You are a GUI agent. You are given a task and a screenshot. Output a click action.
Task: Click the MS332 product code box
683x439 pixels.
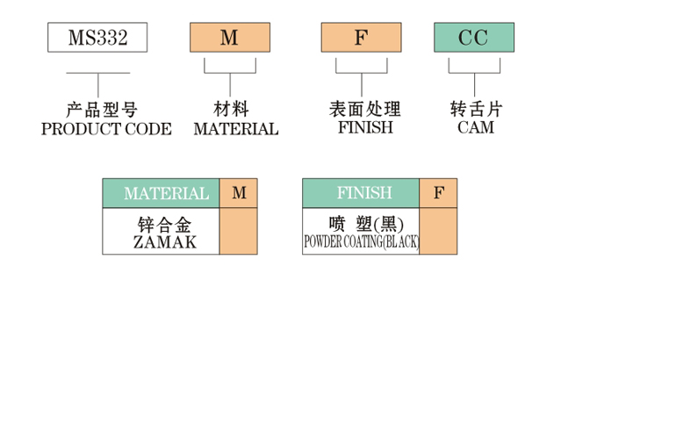(97, 38)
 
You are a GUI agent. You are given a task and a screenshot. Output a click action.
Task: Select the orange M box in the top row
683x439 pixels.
(229, 38)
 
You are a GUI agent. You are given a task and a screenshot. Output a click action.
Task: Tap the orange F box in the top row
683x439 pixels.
(360, 38)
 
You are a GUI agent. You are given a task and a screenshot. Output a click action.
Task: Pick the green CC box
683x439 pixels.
(474, 38)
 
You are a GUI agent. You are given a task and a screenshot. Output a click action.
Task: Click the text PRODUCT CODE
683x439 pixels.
(106, 129)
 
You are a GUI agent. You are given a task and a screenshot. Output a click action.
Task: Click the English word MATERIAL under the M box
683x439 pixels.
(235, 129)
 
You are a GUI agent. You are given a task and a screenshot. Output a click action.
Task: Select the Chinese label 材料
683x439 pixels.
(231, 110)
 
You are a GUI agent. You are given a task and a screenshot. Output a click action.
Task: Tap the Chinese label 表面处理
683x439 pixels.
(364, 110)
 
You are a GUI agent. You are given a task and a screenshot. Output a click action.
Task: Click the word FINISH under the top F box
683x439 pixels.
(365, 128)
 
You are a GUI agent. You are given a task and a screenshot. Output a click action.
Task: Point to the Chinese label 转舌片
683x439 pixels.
(476, 110)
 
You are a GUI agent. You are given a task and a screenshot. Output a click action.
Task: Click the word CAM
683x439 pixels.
(476, 128)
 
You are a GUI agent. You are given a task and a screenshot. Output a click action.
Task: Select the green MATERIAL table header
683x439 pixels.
(162, 193)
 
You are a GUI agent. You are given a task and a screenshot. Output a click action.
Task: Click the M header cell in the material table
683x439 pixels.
(239, 193)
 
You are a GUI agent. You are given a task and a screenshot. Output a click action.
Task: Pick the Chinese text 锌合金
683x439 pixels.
(164, 223)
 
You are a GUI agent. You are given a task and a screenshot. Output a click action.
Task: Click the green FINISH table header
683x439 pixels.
(362, 193)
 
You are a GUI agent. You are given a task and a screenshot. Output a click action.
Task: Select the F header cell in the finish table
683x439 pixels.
(438, 193)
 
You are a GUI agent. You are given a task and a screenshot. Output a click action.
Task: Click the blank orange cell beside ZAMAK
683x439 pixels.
(239, 232)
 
